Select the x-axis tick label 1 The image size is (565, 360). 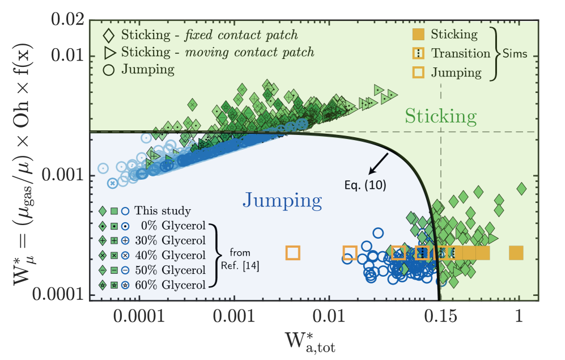tap(519, 315)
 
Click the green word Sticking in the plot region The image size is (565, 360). tap(440, 117)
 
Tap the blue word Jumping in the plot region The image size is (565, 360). tap(283, 200)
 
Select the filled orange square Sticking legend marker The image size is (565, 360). tap(417, 35)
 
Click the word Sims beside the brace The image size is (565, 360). tap(515, 54)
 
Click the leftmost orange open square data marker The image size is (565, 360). tap(292, 253)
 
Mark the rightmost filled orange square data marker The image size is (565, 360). tap(516, 253)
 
